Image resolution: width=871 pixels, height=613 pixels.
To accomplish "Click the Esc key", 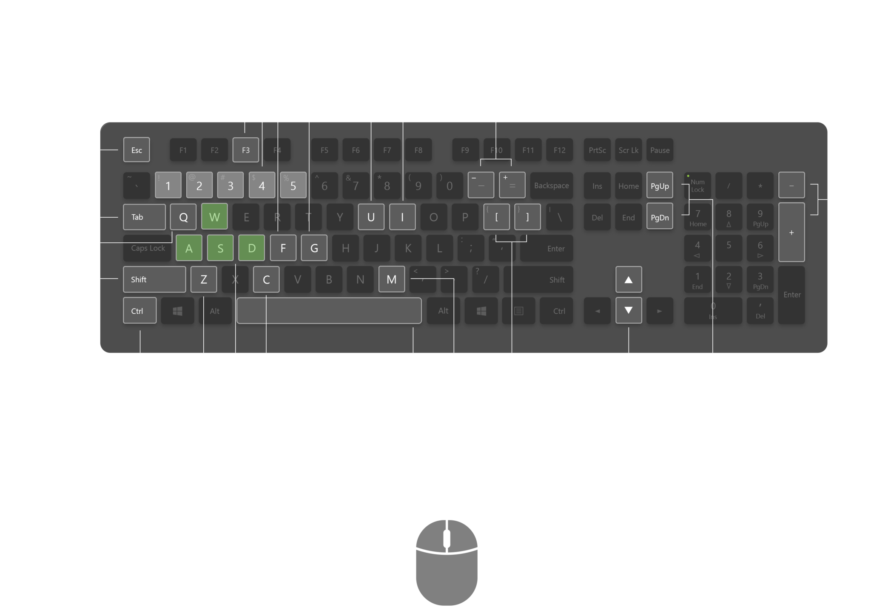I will coord(137,150).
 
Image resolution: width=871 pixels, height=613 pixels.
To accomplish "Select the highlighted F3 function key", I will coord(245,150).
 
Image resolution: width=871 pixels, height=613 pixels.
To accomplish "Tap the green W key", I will coord(214,217).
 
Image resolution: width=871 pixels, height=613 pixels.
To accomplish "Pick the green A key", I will coord(189,248).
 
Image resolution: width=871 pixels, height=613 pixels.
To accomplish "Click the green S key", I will coord(220,248).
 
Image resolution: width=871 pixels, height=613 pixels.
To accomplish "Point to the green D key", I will coord(251,248).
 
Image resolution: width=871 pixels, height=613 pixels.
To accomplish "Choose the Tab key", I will coord(144,217).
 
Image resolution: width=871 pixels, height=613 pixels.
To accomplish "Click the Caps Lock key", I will coord(148,248).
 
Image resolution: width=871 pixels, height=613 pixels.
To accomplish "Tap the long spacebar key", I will coord(329,311).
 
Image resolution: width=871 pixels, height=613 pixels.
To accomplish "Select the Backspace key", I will coord(551,185).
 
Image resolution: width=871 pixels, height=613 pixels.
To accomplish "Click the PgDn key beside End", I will coord(660,217).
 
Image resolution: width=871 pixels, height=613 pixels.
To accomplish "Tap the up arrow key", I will coord(629,279).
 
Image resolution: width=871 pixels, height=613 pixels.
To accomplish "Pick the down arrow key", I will coord(629,311).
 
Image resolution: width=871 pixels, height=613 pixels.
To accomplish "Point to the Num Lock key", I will coord(697,185).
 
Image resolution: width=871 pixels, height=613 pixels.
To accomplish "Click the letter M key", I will coord(391,279).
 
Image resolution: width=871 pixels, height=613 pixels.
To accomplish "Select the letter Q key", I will coord(183,217).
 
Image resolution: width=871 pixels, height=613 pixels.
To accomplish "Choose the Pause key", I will coord(660,150).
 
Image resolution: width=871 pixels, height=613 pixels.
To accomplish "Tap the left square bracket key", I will coord(496,217).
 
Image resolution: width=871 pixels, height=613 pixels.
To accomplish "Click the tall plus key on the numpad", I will coord(791,232).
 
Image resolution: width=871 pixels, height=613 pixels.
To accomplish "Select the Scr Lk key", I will coord(629,150).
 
